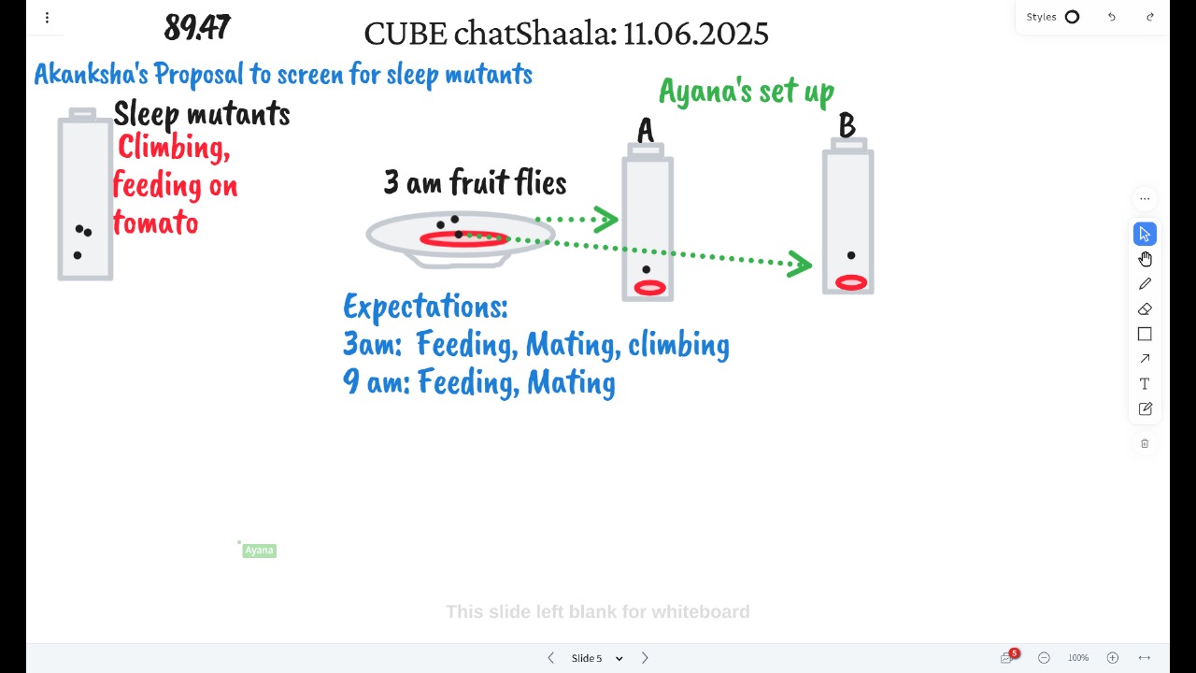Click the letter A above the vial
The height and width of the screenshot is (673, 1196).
coord(646,130)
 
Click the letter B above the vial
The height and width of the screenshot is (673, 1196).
coord(847,125)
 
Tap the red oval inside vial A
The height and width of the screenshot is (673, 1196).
coord(649,288)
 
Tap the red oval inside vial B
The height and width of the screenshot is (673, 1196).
coord(851,282)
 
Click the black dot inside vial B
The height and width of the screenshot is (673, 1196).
coord(851,255)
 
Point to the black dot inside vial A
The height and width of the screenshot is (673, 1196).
coord(646,270)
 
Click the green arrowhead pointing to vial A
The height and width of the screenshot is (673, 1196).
coord(606,220)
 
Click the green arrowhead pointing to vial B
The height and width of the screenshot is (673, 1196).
coord(800,264)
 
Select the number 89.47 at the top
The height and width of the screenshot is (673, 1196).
coord(197,27)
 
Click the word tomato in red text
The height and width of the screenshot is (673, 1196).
coord(155,222)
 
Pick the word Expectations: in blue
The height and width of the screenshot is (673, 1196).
coord(425,307)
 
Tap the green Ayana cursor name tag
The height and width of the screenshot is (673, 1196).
coord(260,551)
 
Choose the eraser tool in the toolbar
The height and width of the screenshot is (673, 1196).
coord(1145,309)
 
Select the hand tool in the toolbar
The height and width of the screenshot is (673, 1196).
coord(1145,259)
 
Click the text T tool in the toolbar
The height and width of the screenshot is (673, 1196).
coord(1145,384)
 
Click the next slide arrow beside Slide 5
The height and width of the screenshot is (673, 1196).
coord(645,658)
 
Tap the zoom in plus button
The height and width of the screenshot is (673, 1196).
coord(1113,658)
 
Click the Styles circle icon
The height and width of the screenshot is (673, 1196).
coord(1072,17)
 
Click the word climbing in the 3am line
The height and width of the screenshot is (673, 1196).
coord(678,345)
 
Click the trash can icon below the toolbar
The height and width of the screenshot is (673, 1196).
coord(1145,443)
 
